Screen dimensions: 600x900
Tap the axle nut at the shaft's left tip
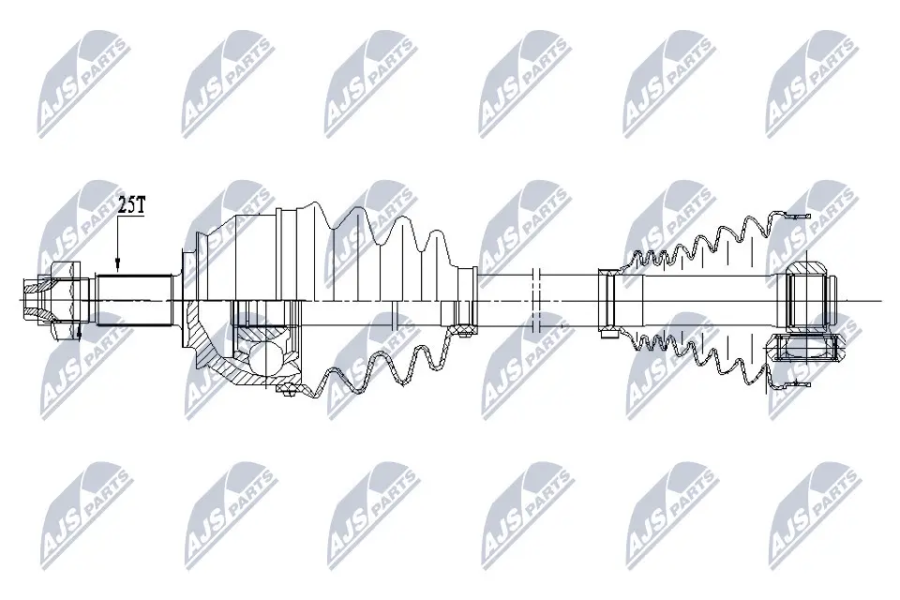coord(52,299)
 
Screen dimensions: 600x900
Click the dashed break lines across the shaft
coord(536,300)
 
